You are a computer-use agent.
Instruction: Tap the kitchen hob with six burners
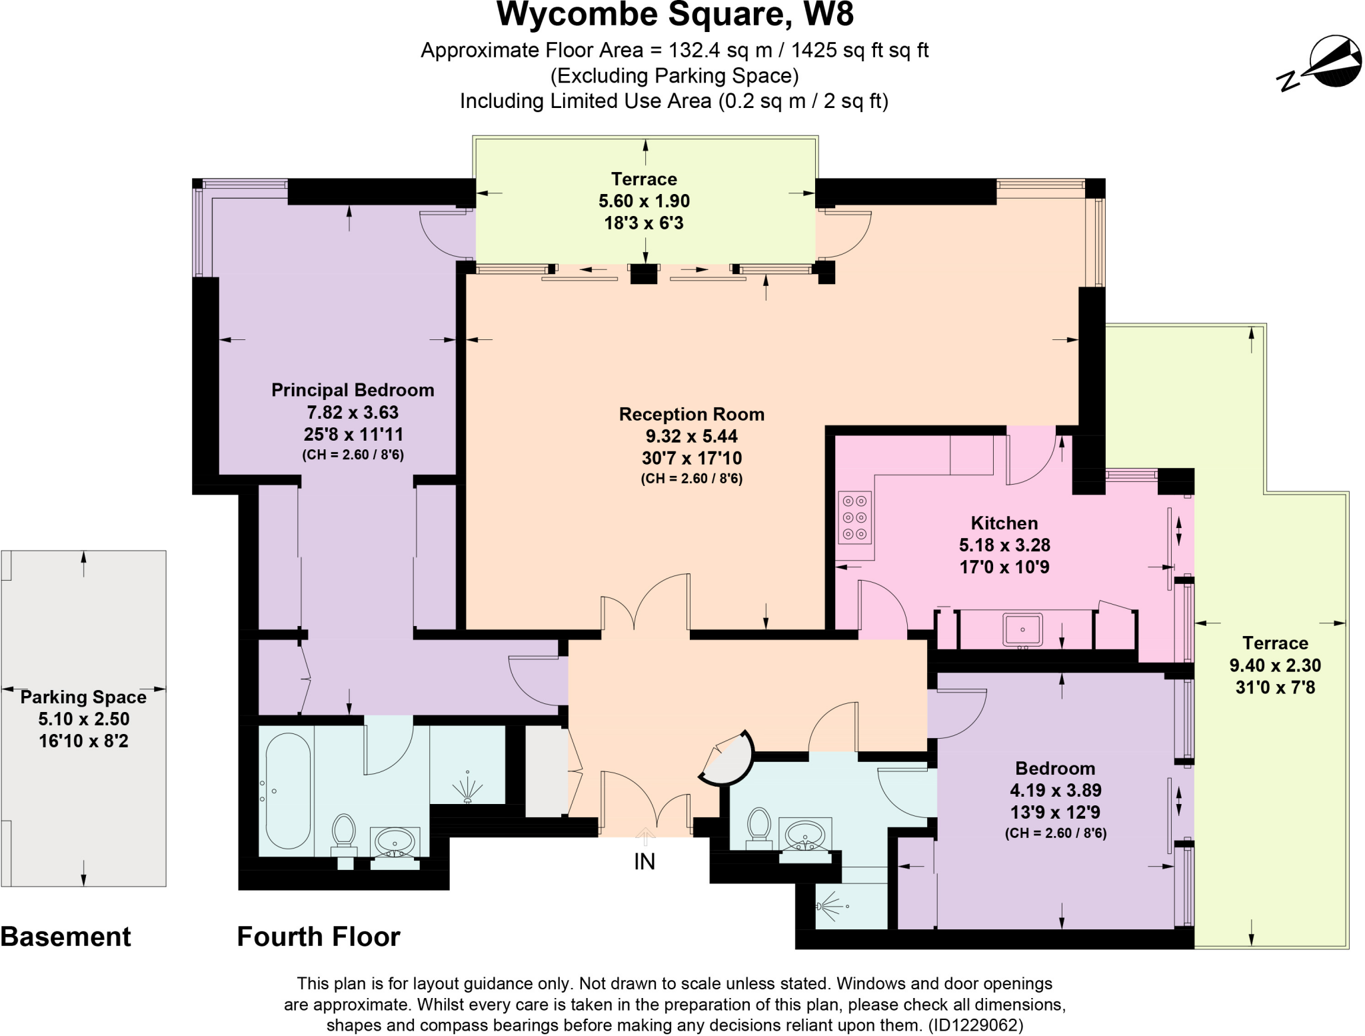tap(854, 517)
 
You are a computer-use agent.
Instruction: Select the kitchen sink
tap(1022, 629)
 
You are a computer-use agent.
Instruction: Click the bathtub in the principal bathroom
tap(288, 791)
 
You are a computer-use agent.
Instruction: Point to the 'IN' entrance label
tap(645, 862)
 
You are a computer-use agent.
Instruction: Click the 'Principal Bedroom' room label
tap(353, 390)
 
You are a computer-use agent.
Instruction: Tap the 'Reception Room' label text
tap(691, 414)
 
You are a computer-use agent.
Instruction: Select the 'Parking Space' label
tap(83, 697)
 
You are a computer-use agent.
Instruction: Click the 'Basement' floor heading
tap(65, 937)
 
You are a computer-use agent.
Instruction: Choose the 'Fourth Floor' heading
tap(319, 937)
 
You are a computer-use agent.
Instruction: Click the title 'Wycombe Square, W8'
tap(675, 15)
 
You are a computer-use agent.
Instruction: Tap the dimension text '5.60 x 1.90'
tap(644, 201)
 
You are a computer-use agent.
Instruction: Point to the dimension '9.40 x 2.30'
tap(1274, 665)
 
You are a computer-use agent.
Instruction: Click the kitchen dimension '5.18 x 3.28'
tap(1004, 545)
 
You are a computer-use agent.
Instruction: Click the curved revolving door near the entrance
tap(728, 759)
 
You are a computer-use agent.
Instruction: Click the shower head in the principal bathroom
tap(469, 787)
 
